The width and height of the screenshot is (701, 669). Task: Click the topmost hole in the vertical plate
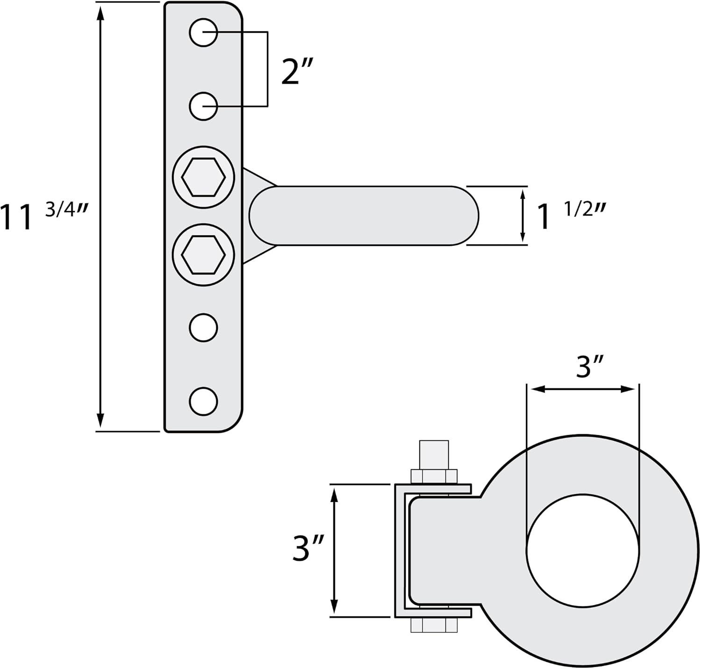click(203, 32)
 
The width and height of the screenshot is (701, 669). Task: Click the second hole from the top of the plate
click(203, 106)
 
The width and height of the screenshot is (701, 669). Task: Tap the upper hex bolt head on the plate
click(203, 177)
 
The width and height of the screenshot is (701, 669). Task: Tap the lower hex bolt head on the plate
click(203, 255)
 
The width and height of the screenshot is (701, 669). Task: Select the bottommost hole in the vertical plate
click(203, 402)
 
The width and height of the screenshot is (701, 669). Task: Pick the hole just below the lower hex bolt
click(203, 328)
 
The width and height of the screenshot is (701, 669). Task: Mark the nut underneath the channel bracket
click(434, 625)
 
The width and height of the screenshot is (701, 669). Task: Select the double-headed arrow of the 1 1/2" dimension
click(523, 216)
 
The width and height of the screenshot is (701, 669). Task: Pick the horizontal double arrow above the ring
click(583, 389)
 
